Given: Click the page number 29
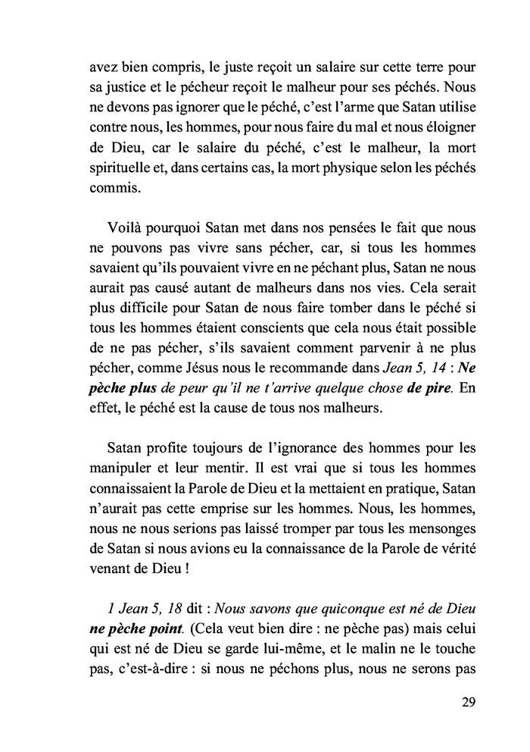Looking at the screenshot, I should (467, 702).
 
